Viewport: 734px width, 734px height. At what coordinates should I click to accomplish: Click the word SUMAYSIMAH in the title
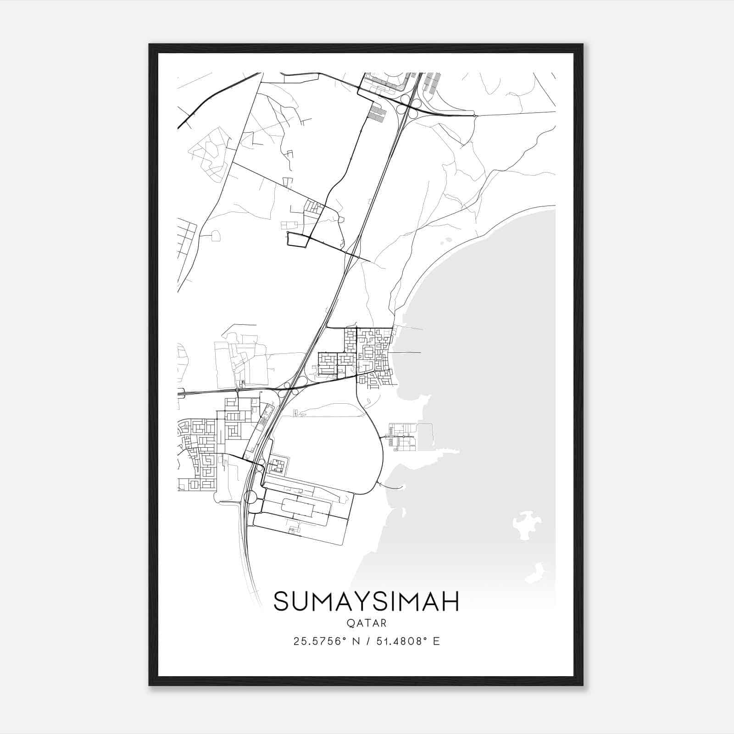pos(366,602)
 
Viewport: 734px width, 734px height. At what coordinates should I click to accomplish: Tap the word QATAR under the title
pos(367,623)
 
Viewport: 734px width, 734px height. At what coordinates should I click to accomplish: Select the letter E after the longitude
pos(436,641)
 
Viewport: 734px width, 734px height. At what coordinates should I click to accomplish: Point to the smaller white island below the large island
pos(534,574)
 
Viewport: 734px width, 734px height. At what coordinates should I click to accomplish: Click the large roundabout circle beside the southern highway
pos(251,497)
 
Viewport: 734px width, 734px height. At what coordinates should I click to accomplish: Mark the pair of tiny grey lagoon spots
pos(445,241)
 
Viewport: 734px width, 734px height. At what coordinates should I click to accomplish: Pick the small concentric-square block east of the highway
pos(276,466)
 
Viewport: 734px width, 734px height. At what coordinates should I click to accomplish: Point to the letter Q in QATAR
pos(351,623)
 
